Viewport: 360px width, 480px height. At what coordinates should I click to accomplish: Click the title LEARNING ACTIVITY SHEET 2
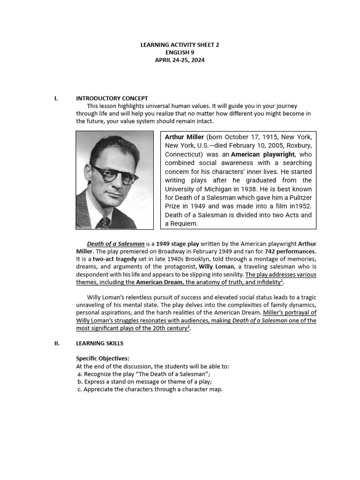tap(180, 45)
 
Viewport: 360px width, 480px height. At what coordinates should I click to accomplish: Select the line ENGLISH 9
tap(180, 52)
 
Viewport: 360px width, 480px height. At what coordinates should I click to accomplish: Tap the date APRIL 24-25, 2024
tap(180, 60)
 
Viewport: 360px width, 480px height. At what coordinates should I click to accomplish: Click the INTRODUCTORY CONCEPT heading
tap(112, 98)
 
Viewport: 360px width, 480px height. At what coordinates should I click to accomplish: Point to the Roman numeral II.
tap(57, 343)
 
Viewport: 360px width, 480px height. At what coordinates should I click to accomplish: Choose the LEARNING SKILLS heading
tap(99, 343)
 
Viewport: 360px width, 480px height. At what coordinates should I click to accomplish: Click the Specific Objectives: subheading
tap(103, 359)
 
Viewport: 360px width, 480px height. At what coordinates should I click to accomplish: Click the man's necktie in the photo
tap(103, 222)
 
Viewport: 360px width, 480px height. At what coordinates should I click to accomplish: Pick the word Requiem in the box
tap(184, 224)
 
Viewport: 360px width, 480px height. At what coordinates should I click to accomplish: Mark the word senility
tap(228, 274)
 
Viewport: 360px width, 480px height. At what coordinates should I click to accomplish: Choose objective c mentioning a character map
tap(150, 389)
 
